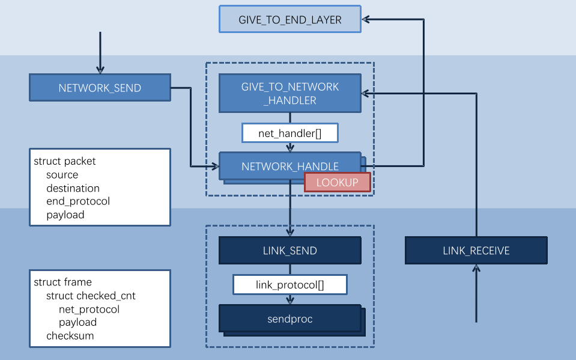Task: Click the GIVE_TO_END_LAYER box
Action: point(290,19)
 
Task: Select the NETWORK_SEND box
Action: point(100,88)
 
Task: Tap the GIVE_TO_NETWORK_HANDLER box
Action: point(290,94)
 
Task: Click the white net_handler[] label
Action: point(290,133)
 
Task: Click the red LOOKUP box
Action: point(337,182)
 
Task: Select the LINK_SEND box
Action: point(290,251)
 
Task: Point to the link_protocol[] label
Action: point(290,285)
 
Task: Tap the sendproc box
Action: point(290,319)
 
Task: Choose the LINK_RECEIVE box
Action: point(476,251)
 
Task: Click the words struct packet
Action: point(65,161)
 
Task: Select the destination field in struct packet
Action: point(73,188)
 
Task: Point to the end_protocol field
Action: point(78,201)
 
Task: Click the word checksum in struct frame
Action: point(70,336)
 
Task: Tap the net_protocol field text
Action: point(89,310)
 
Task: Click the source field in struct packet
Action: point(62,175)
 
